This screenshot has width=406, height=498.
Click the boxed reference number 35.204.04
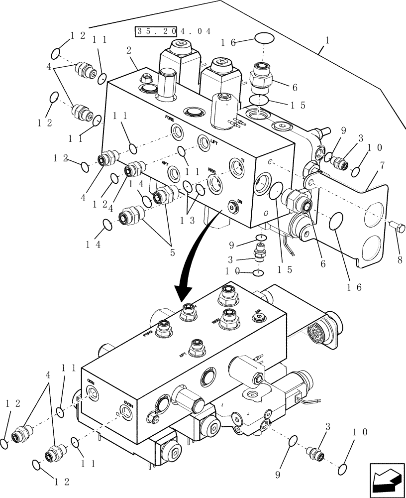coord(173,31)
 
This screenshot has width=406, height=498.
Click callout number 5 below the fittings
coord(172,253)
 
